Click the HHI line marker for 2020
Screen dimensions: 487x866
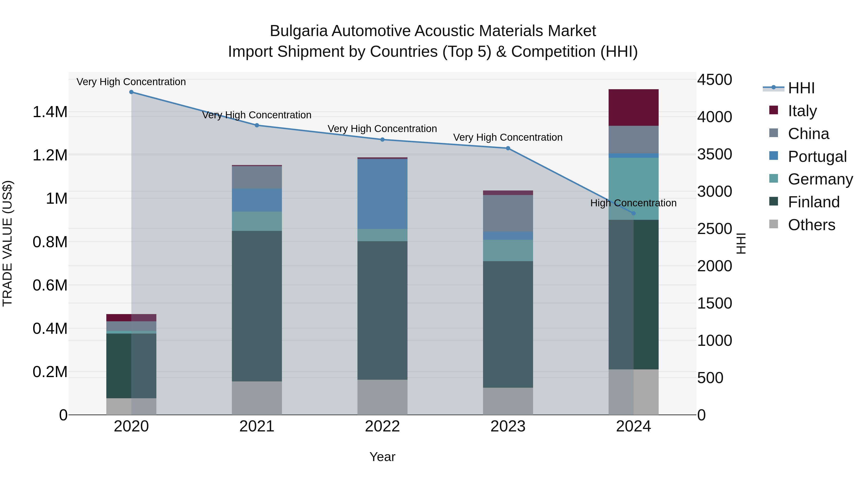pyautogui.click(x=131, y=92)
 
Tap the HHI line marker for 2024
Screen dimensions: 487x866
pyautogui.click(x=633, y=213)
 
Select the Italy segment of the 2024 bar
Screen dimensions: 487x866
pyautogui.click(x=633, y=108)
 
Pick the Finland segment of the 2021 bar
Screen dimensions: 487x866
pyautogui.click(x=257, y=306)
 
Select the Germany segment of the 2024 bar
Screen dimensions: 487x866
pyautogui.click(x=633, y=189)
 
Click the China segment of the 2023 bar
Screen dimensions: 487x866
pyautogui.click(x=508, y=213)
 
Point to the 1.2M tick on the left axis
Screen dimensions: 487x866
pyautogui.click(x=50, y=155)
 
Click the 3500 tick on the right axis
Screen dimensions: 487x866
pyautogui.click(x=714, y=154)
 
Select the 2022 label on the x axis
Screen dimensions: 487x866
pyautogui.click(x=382, y=426)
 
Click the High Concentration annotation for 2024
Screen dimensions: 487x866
pyautogui.click(x=633, y=203)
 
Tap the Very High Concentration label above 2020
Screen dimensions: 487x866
pyautogui.click(x=131, y=82)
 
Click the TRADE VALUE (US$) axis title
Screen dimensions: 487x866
pyautogui.click(x=7, y=243)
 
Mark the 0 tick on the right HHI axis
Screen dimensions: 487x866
pyautogui.click(x=702, y=415)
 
